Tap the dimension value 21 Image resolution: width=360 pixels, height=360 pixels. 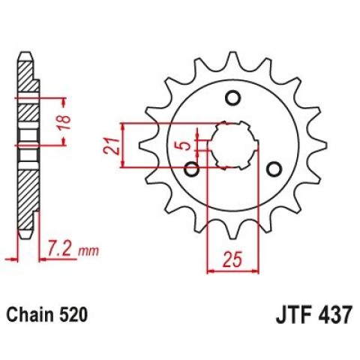tap(111, 146)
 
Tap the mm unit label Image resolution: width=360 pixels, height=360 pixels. tap(88, 251)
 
